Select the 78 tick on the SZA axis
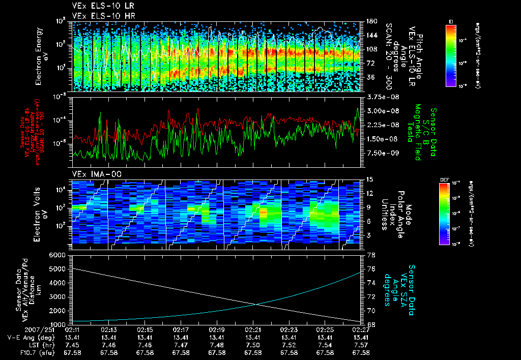(371, 255)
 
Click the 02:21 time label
(253, 330)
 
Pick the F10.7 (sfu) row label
(38, 352)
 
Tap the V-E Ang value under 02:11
(73, 338)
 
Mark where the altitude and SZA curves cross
(256, 304)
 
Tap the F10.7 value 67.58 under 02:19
(217, 352)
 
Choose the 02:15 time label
(145, 330)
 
